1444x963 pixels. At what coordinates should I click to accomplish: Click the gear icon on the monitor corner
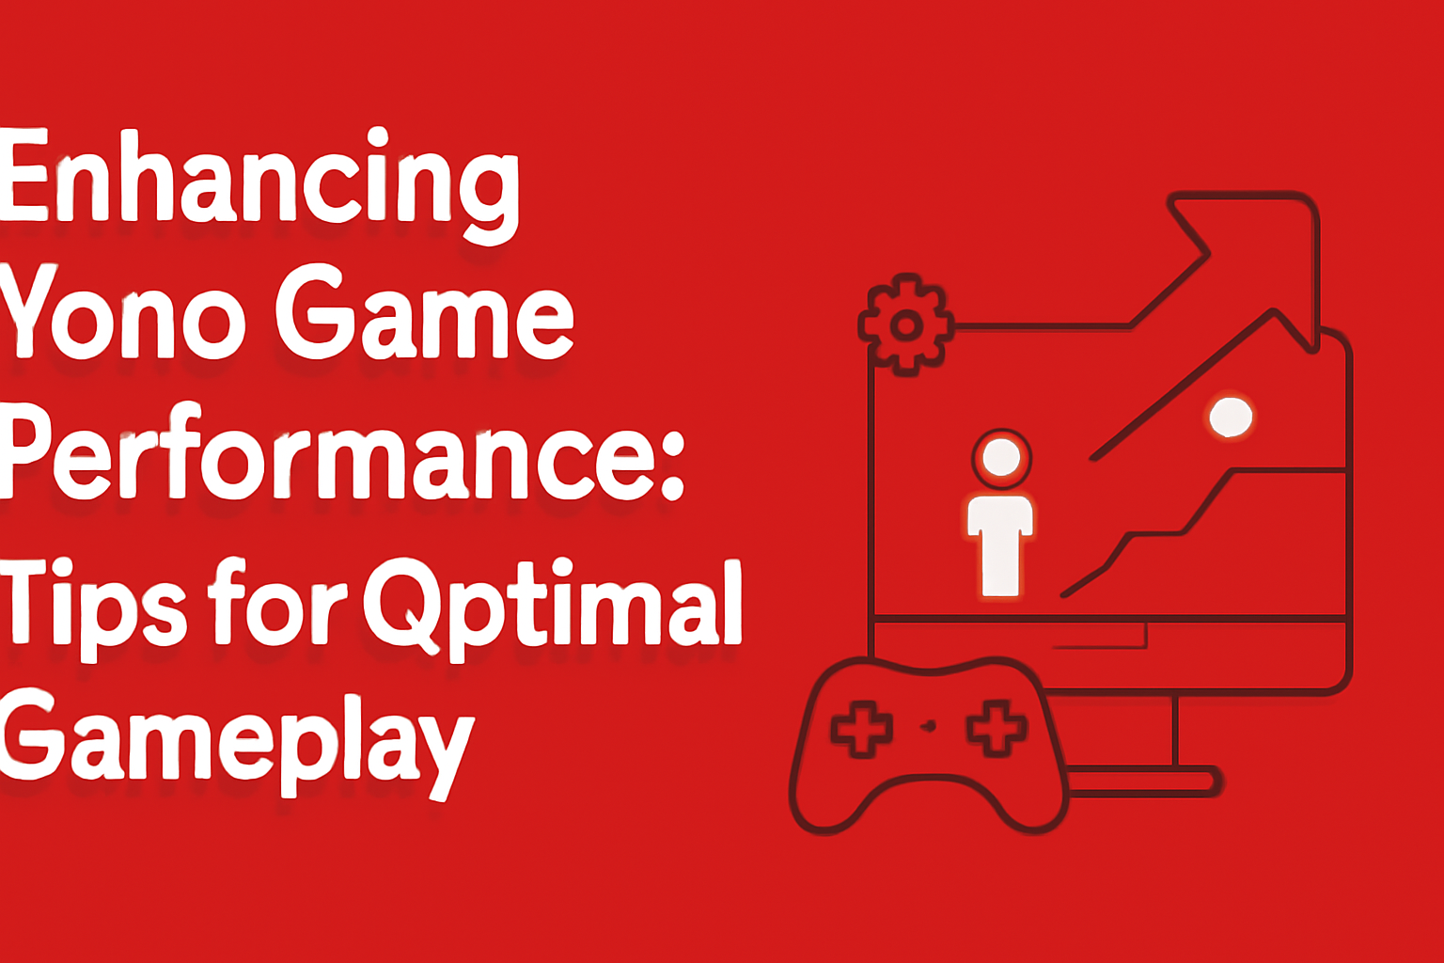click(x=906, y=325)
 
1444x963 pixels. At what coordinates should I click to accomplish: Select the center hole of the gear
click(x=906, y=325)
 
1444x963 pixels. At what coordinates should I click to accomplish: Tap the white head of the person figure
click(x=1001, y=457)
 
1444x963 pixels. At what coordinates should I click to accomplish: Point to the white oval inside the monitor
click(x=1231, y=417)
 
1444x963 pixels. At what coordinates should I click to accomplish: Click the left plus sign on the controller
click(x=862, y=729)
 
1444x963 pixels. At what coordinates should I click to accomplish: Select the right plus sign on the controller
click(x=996, y=728)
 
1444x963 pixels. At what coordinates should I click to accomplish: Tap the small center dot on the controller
click(x=929, y=726)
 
